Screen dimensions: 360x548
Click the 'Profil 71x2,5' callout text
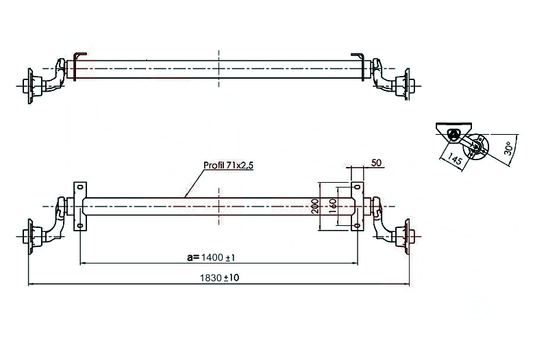227,166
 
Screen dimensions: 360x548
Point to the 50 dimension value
375,162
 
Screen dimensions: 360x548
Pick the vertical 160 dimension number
332,206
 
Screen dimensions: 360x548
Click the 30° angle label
508,149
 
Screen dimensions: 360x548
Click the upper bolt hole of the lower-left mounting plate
79,187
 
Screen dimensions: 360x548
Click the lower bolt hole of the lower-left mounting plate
79,225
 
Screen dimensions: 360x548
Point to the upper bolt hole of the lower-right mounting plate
356,187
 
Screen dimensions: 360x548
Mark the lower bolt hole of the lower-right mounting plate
356,225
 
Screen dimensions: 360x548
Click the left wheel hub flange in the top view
29,86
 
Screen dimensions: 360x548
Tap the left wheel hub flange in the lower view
29,237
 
